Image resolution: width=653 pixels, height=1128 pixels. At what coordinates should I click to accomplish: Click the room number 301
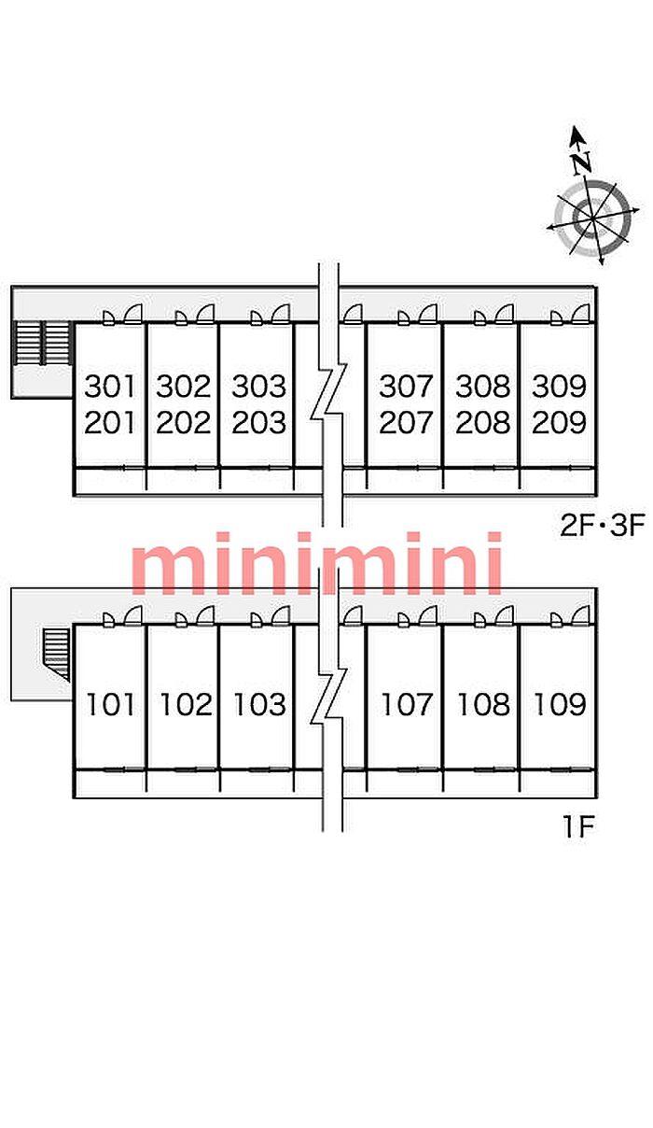pos(110,385)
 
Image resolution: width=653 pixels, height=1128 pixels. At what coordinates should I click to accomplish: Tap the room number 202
pos(184,423)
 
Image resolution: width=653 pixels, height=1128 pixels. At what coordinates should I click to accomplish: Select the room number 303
pos(258,385)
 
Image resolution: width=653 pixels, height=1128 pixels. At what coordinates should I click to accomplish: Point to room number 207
pos(406,423)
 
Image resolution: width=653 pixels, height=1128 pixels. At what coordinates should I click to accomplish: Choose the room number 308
pos(483,385)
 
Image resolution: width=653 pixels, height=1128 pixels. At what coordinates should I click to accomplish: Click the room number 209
pos(559,423)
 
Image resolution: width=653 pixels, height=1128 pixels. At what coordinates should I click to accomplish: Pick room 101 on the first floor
pos(110,704)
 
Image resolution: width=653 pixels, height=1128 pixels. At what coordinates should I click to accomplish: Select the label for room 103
pos(258,704)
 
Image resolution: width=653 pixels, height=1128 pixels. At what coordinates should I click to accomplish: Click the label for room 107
pos(407,704)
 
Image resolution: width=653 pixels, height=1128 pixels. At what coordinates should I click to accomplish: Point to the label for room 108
pos(483,704)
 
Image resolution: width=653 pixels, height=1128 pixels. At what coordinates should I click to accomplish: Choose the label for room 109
pos(559,704)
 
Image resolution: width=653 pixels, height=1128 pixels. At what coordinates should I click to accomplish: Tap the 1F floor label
pos(578,827)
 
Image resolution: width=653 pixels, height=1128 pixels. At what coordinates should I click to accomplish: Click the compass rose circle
pos(590,219)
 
